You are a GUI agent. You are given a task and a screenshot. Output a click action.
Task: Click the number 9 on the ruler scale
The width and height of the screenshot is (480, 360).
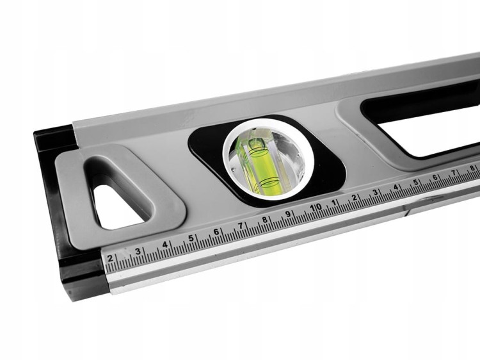pyautogui.click(x=288, y=214)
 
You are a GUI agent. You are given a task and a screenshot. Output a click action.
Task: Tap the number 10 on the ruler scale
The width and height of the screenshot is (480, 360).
pyautogui.click(x=316, y=208)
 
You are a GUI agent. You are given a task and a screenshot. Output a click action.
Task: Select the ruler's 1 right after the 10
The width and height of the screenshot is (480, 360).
pyautogui.click(x=334, y=202)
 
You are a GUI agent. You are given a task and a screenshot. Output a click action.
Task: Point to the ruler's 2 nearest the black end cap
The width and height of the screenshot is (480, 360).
pyautogui.click(x=110, y=258)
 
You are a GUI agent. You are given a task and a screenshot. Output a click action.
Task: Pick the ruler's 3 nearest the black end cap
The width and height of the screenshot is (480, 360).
pyautogui.click(x=138, y=252)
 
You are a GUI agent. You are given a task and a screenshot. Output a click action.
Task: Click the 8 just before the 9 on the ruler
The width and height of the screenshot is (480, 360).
pyautogui.click(x=265, y=219)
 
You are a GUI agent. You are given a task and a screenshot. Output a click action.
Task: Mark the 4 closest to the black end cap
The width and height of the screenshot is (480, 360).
pyautogui.click(x=164, y=245)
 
